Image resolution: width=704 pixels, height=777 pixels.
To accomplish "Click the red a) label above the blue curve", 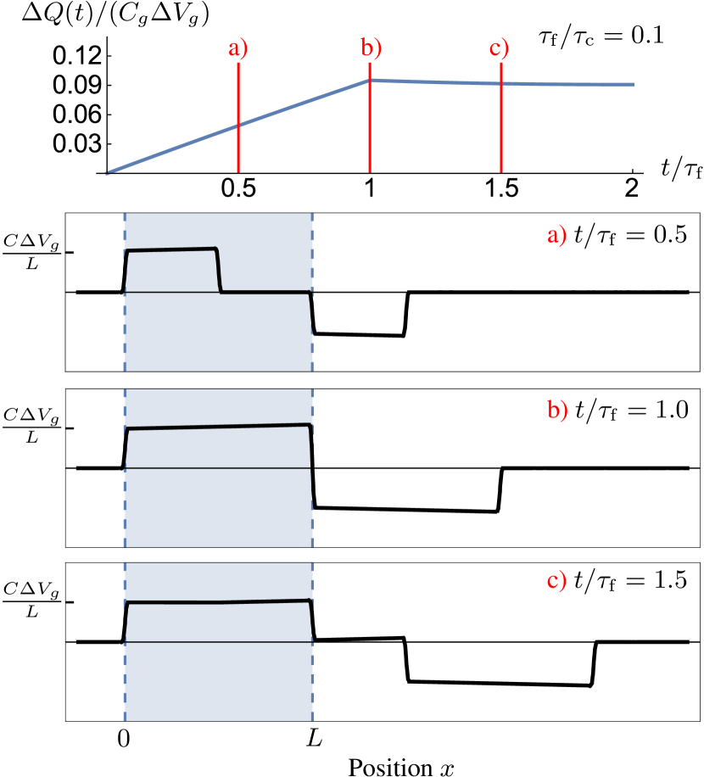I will coord(237,48).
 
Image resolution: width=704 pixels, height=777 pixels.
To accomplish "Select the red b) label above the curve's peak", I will coord(371,48).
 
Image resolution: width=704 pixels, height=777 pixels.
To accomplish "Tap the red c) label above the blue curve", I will coord(499,48).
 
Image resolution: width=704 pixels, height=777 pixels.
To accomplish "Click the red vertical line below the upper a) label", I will coord(238,153).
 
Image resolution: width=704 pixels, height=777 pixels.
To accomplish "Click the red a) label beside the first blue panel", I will coord(556,235).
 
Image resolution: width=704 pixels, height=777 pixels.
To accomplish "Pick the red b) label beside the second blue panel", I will coord(557,411).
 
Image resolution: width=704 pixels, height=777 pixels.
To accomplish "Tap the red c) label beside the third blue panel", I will coord(556,581).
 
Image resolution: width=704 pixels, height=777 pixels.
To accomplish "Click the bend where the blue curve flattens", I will coord(369,81).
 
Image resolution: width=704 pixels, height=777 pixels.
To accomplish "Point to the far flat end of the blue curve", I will coord(631,85).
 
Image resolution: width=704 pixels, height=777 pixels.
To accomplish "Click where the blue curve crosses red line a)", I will coord(238,125).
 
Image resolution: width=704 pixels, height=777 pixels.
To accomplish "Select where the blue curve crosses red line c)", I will coord(501,83).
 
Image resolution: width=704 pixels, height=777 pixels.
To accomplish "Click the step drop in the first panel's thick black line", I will coord(219,271).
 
